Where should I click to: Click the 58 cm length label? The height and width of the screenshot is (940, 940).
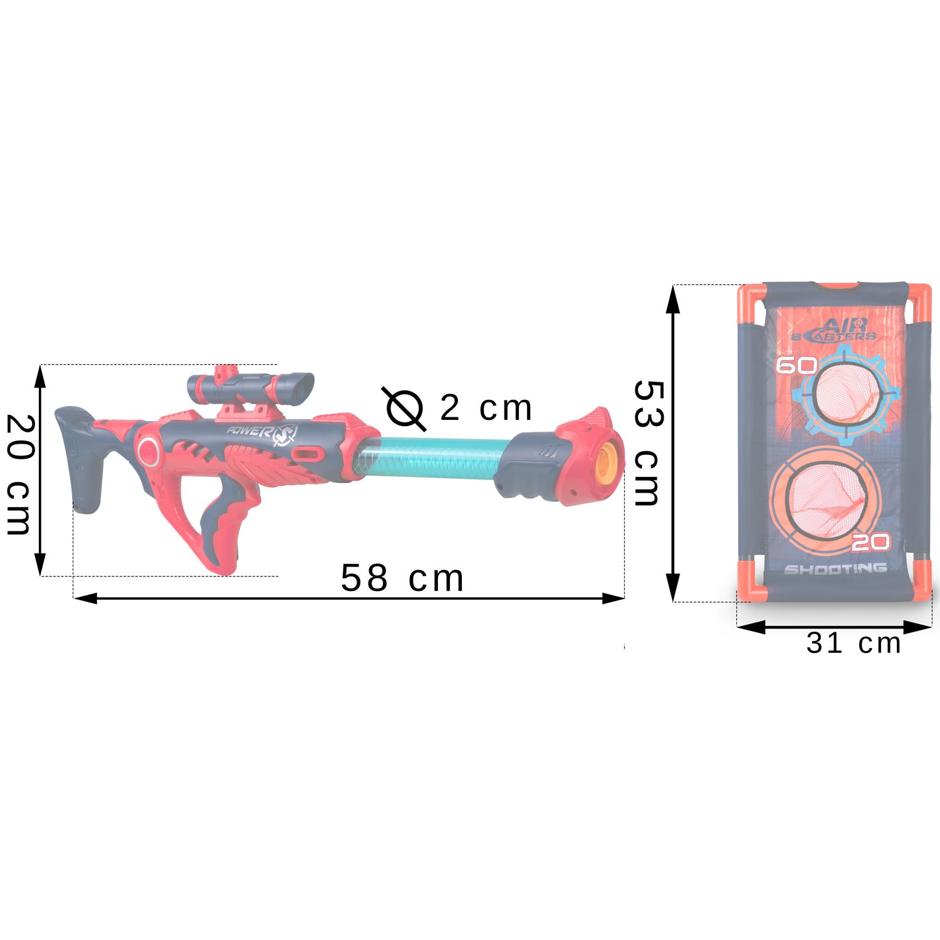402,578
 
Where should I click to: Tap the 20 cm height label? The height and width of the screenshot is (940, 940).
19,475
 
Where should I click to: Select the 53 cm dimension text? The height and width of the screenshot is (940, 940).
647,442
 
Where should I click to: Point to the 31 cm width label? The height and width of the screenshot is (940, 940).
853,644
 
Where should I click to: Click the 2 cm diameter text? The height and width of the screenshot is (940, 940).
486,408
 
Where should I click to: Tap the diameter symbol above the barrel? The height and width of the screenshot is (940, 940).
404,409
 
